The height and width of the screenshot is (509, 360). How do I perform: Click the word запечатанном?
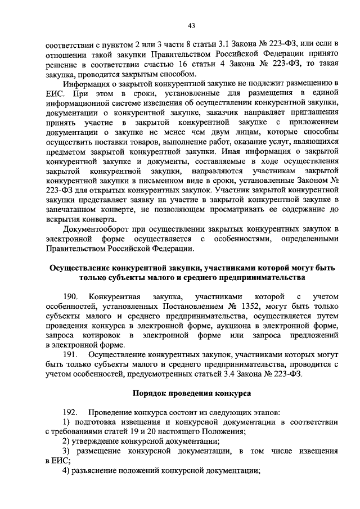click(x=73, y=208)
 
